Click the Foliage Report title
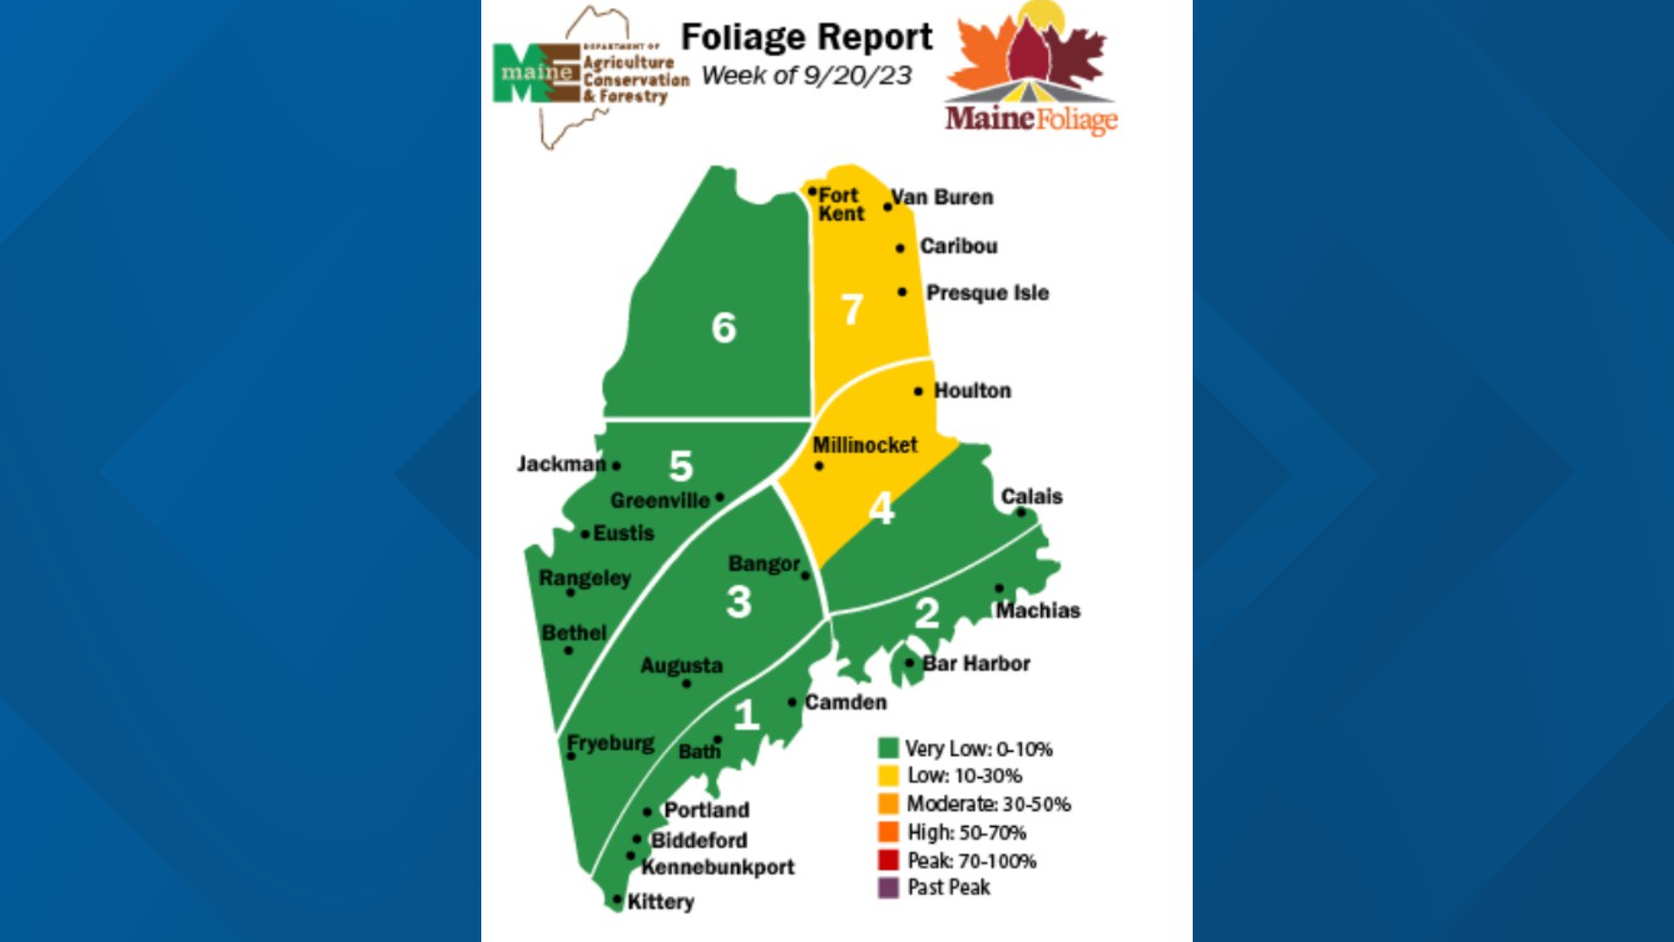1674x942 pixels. tap(806, 38)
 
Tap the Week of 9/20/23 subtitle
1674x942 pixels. tap(806, 76)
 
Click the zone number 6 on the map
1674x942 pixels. tap(724, 328)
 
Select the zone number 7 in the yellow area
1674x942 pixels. tap(852, 310)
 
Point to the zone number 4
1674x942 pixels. tap(881, 509)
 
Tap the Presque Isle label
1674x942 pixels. tap(987, 293)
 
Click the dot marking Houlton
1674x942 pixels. tap(918, 392)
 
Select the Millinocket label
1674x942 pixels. tap(865, 445)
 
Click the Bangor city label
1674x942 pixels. tap(764, 564)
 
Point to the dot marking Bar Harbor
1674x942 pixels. tap(910, 663)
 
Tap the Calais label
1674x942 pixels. tap(1031, 496)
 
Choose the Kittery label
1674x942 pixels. tap(661, 902)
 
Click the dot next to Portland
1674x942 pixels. tap(647, 812)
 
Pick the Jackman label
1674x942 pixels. tap(561, 464)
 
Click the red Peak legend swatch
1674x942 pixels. tap(888, 860)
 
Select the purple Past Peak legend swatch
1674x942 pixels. tap(888, 888)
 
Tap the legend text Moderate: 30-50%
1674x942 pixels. tap(989, 804)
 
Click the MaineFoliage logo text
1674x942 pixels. tap(1031, 118)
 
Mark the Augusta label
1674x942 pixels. tap(682, 666)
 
